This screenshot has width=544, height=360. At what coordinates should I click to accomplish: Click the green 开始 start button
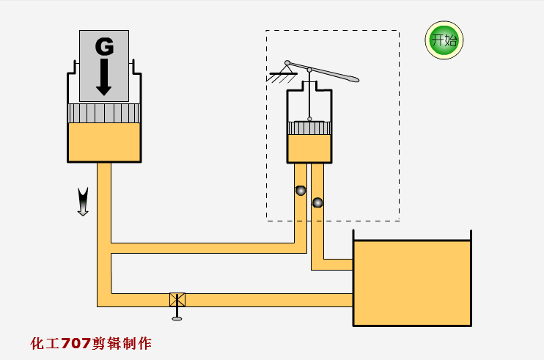coord(444,40)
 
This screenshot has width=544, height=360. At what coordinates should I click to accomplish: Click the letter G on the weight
coord(104,47)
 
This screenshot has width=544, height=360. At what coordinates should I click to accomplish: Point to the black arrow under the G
coord(103,77)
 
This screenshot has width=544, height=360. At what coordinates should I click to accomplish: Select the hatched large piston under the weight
coord(103,113)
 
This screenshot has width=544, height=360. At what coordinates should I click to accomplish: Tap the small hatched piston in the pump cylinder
coord(309,128)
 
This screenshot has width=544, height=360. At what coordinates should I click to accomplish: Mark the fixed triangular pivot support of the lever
coord(282,71)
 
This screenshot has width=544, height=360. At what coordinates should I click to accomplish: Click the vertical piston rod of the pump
coord(309,95)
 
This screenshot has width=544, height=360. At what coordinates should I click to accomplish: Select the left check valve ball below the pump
coord(300,191)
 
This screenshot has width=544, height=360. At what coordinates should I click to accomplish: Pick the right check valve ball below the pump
coord(317,202)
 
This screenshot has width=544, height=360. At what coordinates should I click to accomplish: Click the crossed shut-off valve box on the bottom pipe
coord(177,299)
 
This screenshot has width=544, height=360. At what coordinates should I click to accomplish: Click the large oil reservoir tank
coord(411,282)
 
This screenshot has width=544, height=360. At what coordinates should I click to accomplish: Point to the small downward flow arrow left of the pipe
coord(83,202)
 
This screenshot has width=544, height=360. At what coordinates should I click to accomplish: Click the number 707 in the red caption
coord(76,343)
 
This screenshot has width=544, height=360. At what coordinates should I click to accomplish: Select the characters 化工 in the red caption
coord(45,343)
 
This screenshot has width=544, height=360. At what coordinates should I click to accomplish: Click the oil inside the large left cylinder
coord(103,142)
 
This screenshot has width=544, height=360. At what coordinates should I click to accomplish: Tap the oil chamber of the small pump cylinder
coord(309,148)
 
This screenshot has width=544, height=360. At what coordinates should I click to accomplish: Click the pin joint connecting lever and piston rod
coord(309,70)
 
